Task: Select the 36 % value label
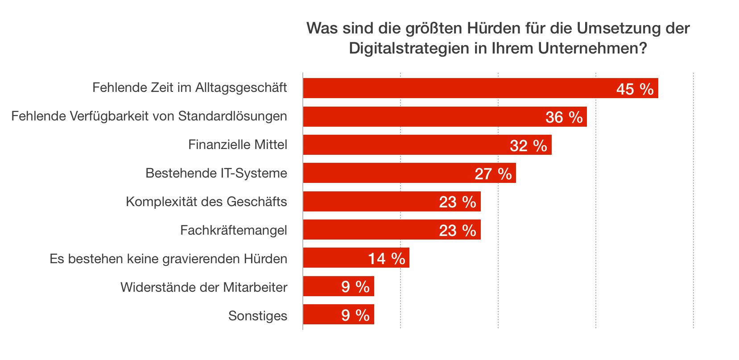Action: (564, 117)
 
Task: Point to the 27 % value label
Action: (493, 174)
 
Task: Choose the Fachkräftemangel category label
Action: (234, 230)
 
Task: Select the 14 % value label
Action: (386, 259)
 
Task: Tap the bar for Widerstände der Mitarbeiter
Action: (321, 286)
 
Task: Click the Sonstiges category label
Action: (258, 316)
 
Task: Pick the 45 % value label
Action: (635, 89)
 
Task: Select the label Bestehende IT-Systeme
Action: (216, 173)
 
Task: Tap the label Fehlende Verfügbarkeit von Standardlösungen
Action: (149, 116)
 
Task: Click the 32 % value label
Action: (528, 145)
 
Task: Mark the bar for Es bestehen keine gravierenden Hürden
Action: (334, 258)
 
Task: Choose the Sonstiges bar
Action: (321, 314)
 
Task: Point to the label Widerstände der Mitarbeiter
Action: (204, 287)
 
